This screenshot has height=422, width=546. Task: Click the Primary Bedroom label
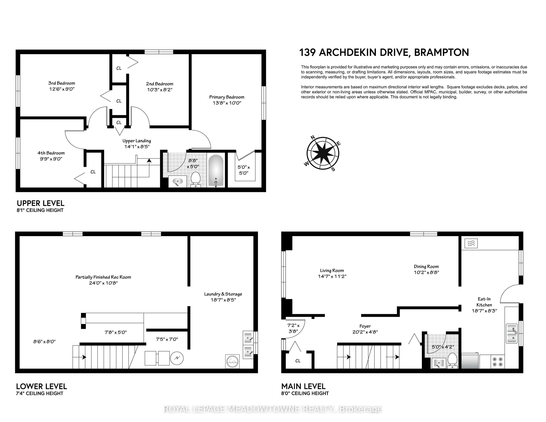pyautogui.click(x=227, y=97)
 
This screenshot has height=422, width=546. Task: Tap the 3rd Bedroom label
pyautogui.click(x=62, y=83)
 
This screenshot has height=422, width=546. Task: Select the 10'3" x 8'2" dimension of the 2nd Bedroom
pyautogui.click(x=160, y=90)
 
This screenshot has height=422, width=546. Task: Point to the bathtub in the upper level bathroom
pyautogui.click(x=216, y=171)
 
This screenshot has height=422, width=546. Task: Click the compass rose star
pyautogui.click(x=323, y=153)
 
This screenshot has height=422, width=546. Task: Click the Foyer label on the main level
pyautogui.click(x=365, y=326)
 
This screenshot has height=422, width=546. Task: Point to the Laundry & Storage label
pyautogui.click(x=223, y=294)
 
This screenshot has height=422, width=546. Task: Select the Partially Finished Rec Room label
pyautogui.click(x=103, y=277)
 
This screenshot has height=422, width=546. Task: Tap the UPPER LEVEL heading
pyautogui.click(x=41, y=203)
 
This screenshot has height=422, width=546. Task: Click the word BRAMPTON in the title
pyautogui.click(x=441, y=52)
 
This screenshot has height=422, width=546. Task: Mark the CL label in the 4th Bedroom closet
pyautogui.click(x=93, y=172)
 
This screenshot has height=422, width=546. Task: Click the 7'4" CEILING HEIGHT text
pyautogui.click(x=40, y=393)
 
